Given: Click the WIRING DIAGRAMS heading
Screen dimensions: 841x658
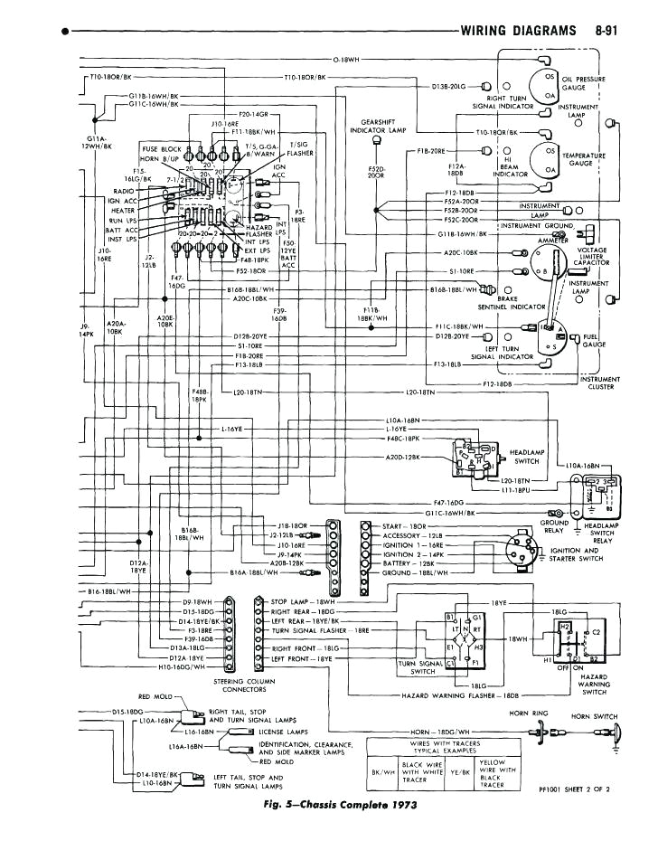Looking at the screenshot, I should tap(518, 31).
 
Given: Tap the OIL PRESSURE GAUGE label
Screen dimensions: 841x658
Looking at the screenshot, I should tap(586, 83).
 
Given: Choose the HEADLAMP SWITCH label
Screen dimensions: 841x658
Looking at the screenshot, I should tap(525, 456).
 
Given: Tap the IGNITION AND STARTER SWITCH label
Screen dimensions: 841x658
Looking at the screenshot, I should tap(576, 554).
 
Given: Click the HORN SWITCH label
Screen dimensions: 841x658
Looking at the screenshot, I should tap(593, 717).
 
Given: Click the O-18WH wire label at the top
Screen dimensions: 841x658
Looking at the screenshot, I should tap(346, 59).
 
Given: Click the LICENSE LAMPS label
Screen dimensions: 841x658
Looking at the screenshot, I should tap(284, 731).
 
